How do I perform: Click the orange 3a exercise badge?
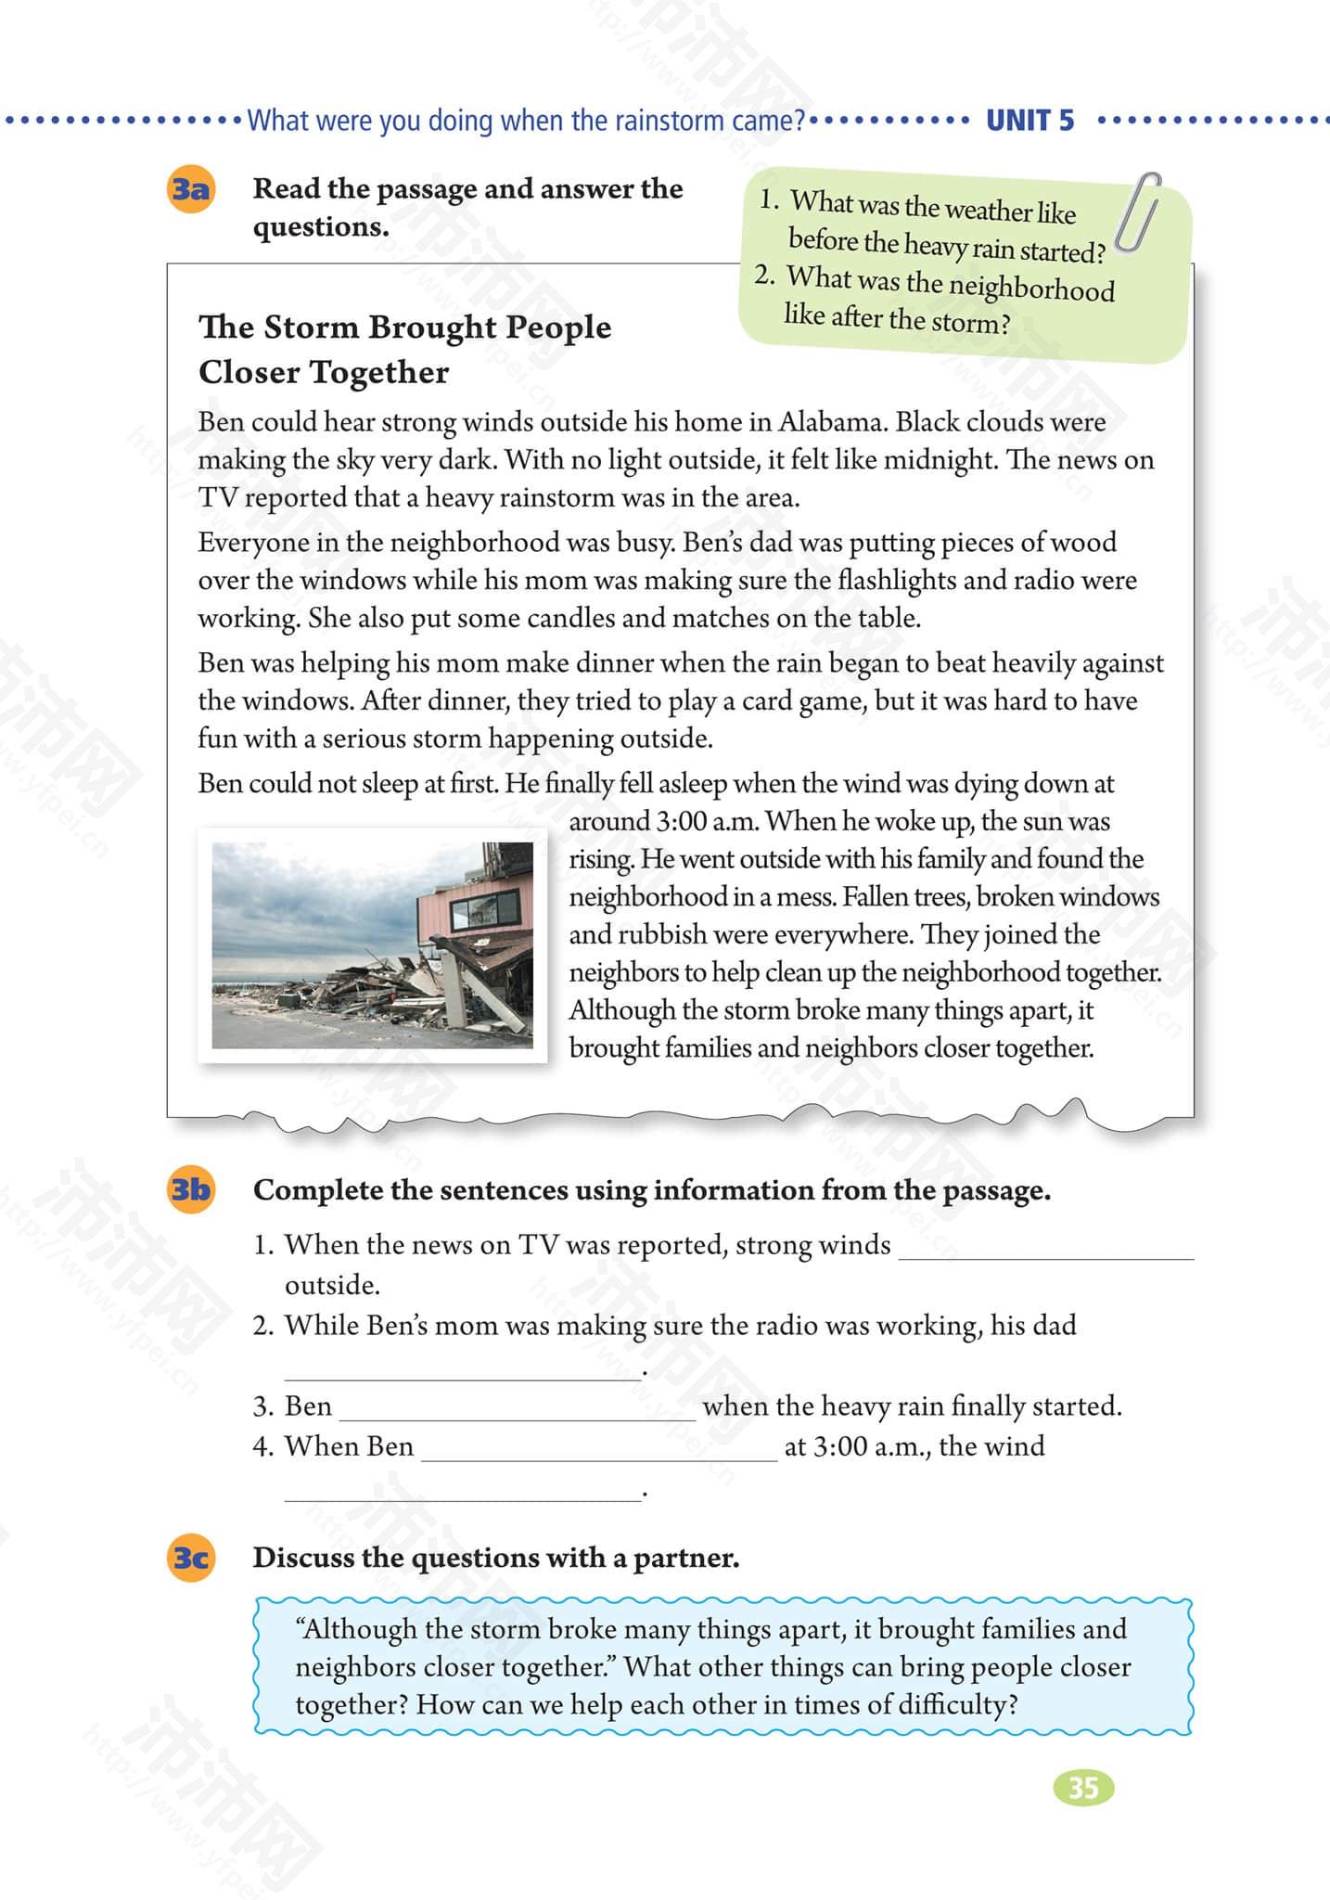pyautogui.click(x=190, y=189)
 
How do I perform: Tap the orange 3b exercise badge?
pyautogui.click(x=190, y=1189)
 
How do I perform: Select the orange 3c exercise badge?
pyautogui.click(x=190, y=1557)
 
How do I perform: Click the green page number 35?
pyautogui.click(x=1083, y=1788)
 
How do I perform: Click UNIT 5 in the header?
pyautogui.click(x=1029, y=121)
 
